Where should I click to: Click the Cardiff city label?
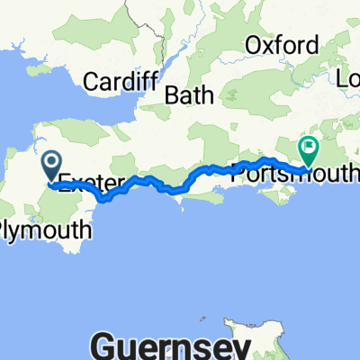[x=121, y=82]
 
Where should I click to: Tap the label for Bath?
[x=190, y=94]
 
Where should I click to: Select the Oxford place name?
[x=282, y=46]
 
